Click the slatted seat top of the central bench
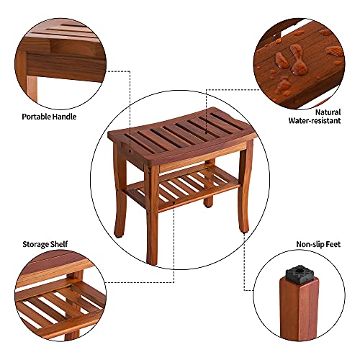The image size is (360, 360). pyautogui.click(x=180, y=134)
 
